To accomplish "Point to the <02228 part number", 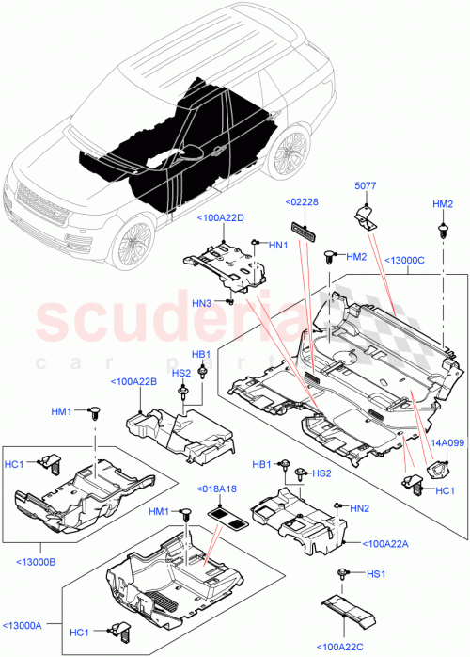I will [x=304, y=201].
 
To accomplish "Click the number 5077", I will [x=366, y=186].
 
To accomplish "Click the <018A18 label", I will [x=216, y=488].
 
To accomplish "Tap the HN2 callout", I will [x=358, y=507].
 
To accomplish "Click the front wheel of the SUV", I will [x=131, y=244].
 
